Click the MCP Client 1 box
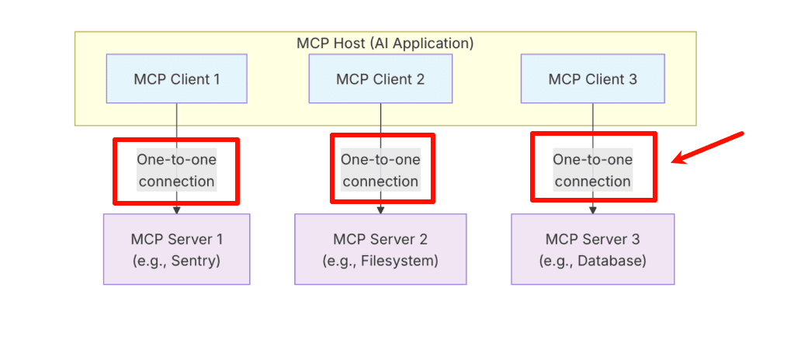tap(176, 78)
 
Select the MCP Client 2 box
tap(380, 78)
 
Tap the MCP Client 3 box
tap(592, 78)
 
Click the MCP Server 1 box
tap(176, 249)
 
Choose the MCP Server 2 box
tap(380, 249)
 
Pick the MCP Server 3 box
tap(592, 249)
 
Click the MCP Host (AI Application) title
tap(385, 43)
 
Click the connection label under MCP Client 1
tap(176, 170)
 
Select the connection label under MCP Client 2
tap(380, 170)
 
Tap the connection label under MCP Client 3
tap(592, 170)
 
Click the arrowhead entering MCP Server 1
tap(176, 209)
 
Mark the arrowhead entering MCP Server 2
tap(380, 209)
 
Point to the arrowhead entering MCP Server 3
tap(593, 209)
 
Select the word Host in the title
tap(345, 43)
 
